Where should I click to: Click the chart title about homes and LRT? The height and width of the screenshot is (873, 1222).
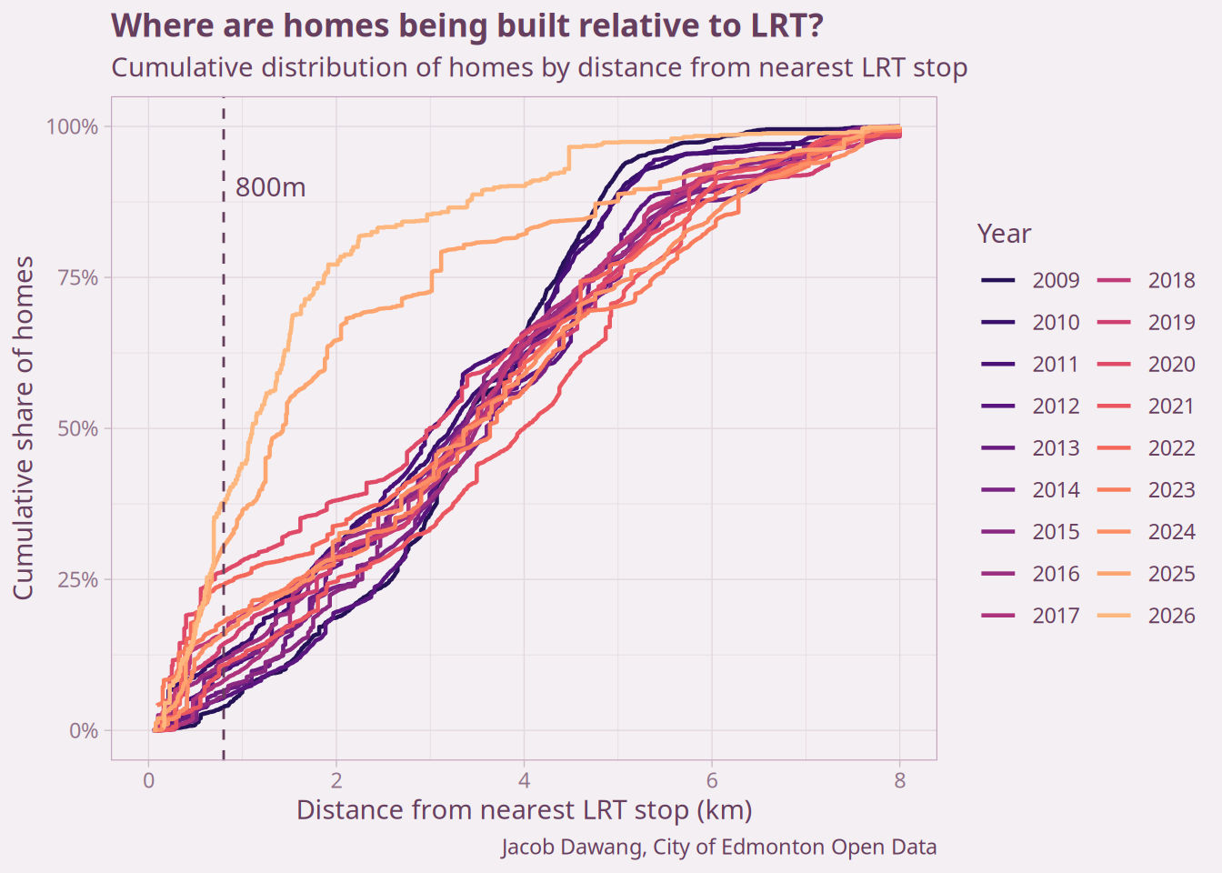[x=466, y=26]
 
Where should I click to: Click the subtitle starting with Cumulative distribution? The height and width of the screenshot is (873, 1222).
[x=538, y=68]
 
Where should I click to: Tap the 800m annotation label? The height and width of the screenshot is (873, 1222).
[x=270, y=188]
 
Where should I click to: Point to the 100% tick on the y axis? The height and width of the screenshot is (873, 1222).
[x=72, y=126]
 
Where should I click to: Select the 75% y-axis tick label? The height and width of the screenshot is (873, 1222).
[x=77, y=277]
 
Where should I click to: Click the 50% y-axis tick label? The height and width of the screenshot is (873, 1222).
[x=77, y=428]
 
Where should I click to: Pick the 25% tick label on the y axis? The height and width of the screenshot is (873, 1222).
[x=77, y=579]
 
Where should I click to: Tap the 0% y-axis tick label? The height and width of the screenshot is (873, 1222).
[x=84, y=730]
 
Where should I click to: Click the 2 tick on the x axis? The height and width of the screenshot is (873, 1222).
[x=336, y=780]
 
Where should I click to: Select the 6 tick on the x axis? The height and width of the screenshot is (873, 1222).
[x=712, y=780]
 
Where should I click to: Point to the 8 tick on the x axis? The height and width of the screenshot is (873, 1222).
[x=899, y=780]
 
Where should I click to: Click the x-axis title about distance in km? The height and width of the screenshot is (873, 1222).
[x=524, y=810]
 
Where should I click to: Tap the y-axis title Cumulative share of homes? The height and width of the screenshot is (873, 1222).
[x=24, y=427]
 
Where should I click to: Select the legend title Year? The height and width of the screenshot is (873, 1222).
[x=1004, y=234]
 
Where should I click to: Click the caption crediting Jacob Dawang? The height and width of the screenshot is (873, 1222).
[x=718, y=848]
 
